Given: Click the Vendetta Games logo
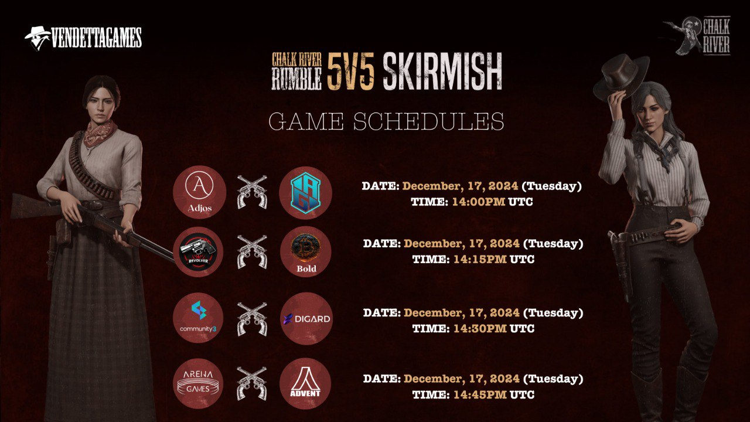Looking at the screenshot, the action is tap(83, 38).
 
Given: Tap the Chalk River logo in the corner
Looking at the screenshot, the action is tap(697, 36).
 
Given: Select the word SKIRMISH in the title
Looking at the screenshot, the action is tap(442, 72).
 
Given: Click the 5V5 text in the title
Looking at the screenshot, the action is tap(350, 72).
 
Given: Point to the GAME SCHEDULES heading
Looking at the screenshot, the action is tap(386, 121).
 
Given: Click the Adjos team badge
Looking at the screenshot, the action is tap(200, 192).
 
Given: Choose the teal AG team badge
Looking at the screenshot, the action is tap(305, 193).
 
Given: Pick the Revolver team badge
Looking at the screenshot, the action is tap(198, 252).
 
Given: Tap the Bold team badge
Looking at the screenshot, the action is tap(306, 251).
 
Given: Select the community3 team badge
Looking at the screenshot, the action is tap(198, 318).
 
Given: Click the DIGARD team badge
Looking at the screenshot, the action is tap(306, 318).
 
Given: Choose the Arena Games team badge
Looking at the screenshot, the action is tap(198, 383).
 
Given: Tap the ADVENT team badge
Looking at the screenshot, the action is tap(305, 383).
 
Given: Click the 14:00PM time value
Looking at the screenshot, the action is tap(479, 202).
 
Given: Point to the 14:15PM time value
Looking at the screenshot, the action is tap(480, 259).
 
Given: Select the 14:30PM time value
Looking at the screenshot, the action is tap(480, 329).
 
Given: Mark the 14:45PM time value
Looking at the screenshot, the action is tap(480, 394).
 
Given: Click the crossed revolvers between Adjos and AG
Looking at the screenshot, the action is tap(252, 192).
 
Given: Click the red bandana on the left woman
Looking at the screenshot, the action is tap(100, 133).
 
